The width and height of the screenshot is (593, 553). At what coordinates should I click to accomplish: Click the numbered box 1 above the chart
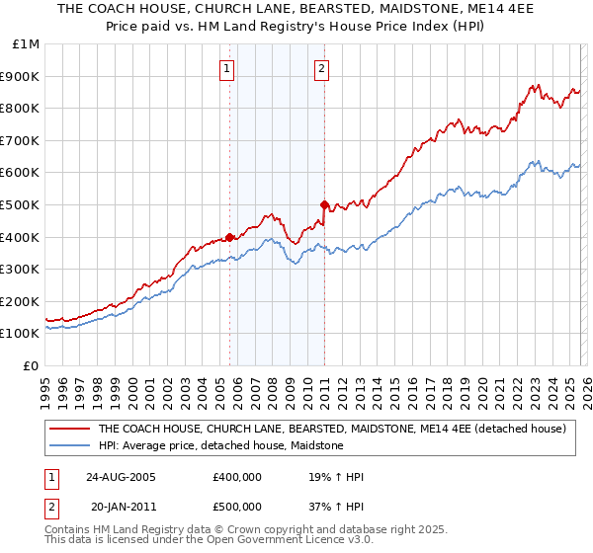point(228,68)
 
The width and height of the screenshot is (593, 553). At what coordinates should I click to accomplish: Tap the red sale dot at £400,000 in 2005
point(229,237)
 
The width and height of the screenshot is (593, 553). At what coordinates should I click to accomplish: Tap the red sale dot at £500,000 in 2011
point(324,204)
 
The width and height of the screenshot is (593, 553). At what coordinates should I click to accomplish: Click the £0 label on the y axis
point(32,365)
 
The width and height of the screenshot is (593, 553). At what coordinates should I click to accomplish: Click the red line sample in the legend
point(70,429)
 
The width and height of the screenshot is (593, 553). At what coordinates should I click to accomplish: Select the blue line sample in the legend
point(70,445)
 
